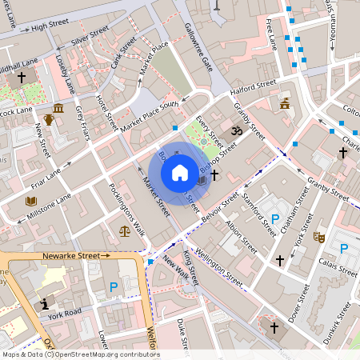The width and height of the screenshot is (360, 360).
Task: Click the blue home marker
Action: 180,172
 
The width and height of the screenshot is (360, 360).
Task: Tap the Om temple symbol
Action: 236,130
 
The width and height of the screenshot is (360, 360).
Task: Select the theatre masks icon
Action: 318,237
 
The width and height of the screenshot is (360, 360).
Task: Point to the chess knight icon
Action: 46,304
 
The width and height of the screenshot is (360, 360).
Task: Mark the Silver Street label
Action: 90,36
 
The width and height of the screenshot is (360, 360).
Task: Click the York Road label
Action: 65,312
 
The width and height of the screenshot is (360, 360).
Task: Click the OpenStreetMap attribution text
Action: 80,354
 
